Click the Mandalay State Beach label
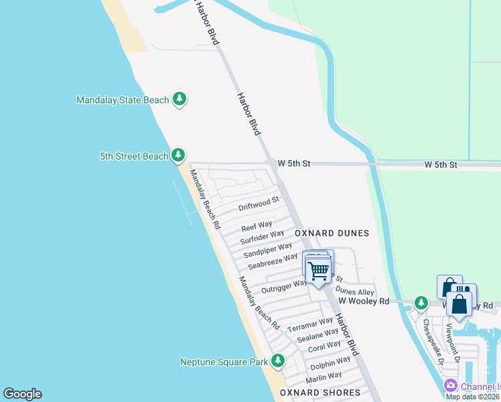pyautogui.click(x=123, y=100)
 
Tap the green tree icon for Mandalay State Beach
pyautogui.click(x=179, y=100)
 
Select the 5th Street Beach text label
pyautogui.click(x=134, y=156)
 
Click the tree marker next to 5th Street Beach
pyautogui.click(x=177, y=155)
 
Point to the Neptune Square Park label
pyautogui.click(x=224, y=362)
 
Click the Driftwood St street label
pyautogui.click(x=259, y=202)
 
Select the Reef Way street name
pyautogui.click(x=257, y=226)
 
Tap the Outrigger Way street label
pyautogui.click(x=284, y=286)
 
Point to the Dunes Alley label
pyautogui.click(x=355, y=291)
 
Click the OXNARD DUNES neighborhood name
pyautogui.click(x=332, y=233)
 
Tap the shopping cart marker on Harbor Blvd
pyautogui.click(x=319, y=271)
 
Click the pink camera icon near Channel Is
pyautogui.click(x=450, y=386)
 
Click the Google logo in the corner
pyautogui.click(x=22, y=394)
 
